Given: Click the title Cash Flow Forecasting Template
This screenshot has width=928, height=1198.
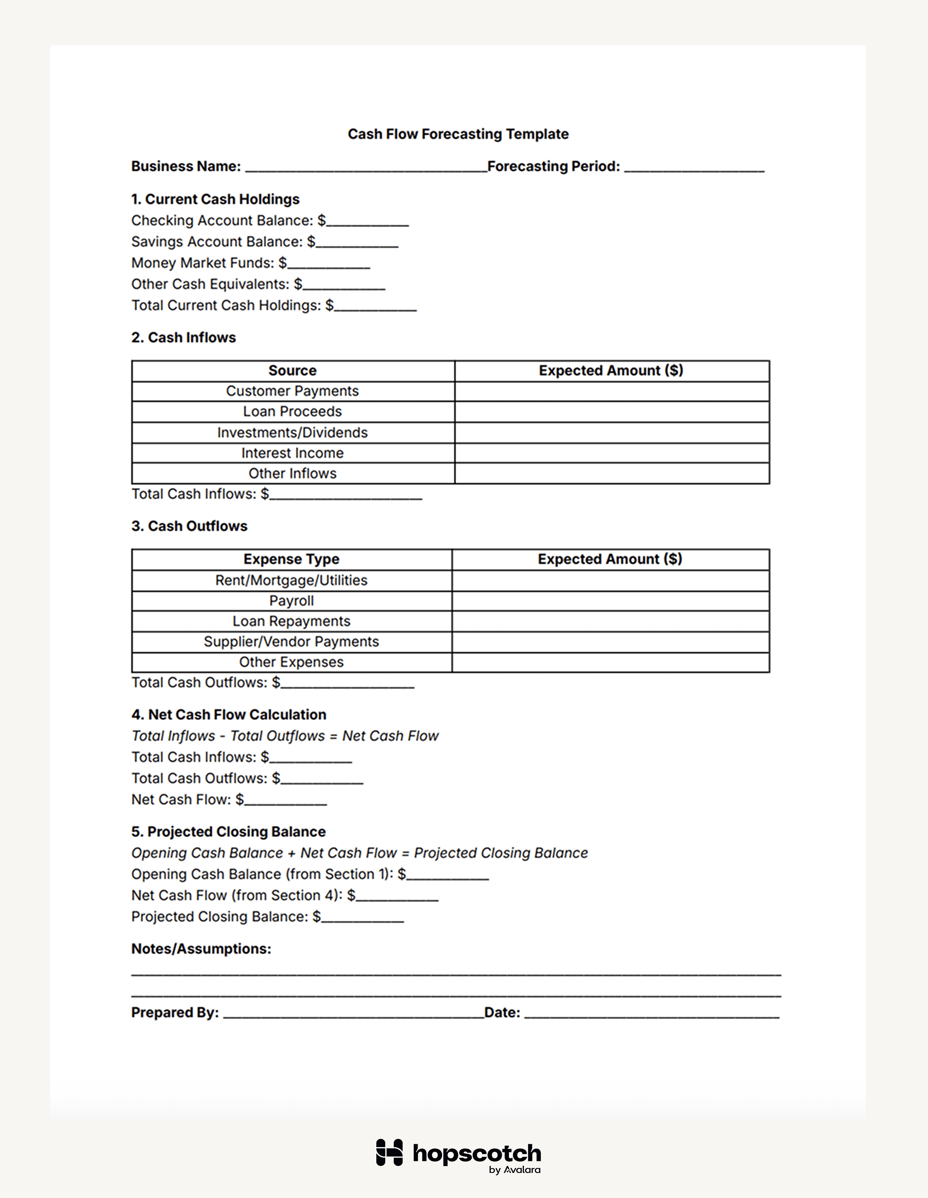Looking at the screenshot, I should coord(458,134).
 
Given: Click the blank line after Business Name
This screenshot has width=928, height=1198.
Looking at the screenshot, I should coord(366,167).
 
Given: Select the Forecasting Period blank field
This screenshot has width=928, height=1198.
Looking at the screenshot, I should coord(694,167).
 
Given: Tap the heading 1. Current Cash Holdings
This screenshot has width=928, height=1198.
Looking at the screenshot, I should coord(215,199).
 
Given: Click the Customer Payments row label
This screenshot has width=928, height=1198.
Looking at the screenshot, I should coord(292,391).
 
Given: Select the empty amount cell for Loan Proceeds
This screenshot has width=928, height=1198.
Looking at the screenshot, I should coord(611,412).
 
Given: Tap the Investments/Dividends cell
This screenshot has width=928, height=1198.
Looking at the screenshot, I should coord(292,433).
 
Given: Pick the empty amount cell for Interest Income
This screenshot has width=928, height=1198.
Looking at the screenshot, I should coord(611,453).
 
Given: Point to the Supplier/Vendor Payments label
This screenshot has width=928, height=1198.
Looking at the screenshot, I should coord(291,642).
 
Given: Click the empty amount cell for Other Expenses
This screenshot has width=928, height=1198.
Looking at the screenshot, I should coord(610,663).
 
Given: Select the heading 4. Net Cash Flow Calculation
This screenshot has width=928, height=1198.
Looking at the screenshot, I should coord(229,715).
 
